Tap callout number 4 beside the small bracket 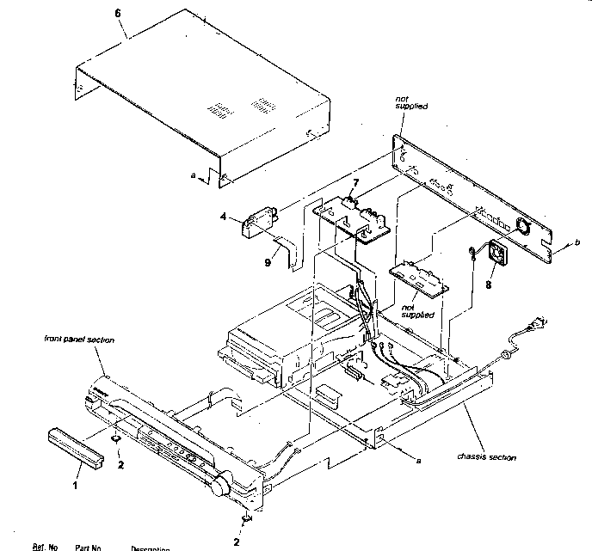pyautogui.click(x=224, y=218)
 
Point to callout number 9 pyautogui.click(x=268, y=262)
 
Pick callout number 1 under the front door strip pyautogui.click(x=75, y=486)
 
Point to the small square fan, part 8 pyautogui.click(x=496, y=253)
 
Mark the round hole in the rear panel pyautogui.click(x=521, y=228)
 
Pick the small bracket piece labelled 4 pyautogui.click(x=258, y=222)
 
